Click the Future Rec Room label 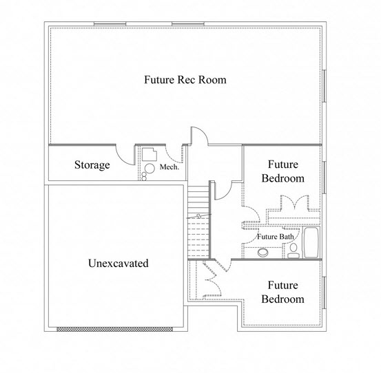click(x=185, y=80)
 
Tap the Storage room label click(x=92, y=165)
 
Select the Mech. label click(x=169, y=167)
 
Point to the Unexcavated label click(x=119, y=264)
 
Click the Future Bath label click(x=276, y=237)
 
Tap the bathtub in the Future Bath click(x=311, y=242)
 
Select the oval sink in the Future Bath click(x=263, y=253)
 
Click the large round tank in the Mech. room click(x=150, y=169)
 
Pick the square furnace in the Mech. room click(x=150, y=154)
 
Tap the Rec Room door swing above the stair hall click(x=199, y=136)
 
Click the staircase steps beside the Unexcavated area click(x=198, y=222)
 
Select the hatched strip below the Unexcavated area click(x=114, y=329)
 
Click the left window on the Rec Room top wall click(x=110, y=24)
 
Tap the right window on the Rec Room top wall click(x=188, y=24)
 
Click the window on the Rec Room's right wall click(x=324, y=85)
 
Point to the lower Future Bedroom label click(x=283, y=292)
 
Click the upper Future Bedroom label click(x=283, y=171)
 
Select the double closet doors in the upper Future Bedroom click(x=295, y=202)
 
